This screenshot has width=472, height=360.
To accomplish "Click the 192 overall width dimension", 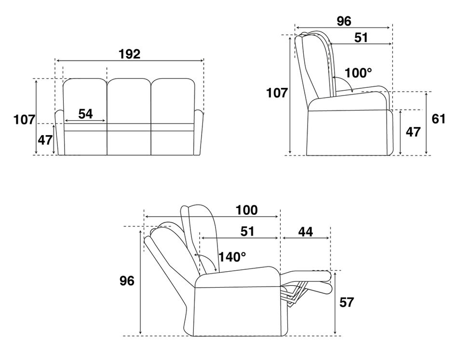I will pos(129,54).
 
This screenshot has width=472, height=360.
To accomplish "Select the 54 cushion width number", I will pos(85,114).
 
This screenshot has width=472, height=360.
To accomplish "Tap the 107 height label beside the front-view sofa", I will pos(24,120).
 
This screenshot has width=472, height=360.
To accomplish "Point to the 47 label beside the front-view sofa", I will pos(45,140).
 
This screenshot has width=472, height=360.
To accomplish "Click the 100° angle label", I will pos(359,73).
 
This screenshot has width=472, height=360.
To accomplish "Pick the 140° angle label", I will pos(232,257).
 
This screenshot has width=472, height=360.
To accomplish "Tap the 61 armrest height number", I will pos(438,119).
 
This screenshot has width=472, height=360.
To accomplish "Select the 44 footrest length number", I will pos(305,232).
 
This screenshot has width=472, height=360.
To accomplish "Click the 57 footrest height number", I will pos(347,303).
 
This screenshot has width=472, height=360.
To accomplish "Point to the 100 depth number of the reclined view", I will pos(246,210).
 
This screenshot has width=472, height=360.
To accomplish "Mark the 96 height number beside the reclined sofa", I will pos(127,281).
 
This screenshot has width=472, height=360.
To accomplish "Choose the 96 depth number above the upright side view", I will pos(344,21).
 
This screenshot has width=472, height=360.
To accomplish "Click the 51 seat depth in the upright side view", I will pos(361,38).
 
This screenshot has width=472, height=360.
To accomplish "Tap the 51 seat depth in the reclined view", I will pos(247,232).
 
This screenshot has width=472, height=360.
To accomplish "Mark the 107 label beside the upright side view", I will pos(277,93).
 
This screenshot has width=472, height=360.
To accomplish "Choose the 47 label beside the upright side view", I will pos(413,132).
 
